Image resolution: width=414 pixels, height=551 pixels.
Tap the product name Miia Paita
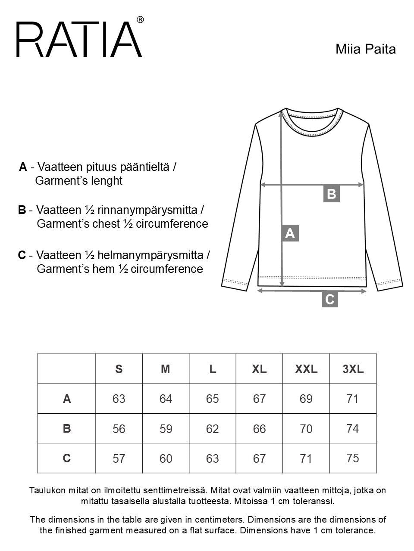point(365,49)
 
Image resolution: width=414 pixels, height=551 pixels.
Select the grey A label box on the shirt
point(290,233)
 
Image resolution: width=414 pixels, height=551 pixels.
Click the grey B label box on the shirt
point(331,194)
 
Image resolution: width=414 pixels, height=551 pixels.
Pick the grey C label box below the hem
point(330,299)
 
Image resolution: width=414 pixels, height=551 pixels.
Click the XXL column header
point(306,369)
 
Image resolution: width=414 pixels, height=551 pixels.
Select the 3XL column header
point(353,369)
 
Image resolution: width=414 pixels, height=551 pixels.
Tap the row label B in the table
point(67,429)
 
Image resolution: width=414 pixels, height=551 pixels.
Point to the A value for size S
point(119,399)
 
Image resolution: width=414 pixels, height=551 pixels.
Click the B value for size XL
point(259,429)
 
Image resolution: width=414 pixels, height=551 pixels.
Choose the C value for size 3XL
point(353,458)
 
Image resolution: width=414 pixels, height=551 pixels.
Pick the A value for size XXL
point(306,399)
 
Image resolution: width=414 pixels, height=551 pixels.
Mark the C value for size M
point(166,458)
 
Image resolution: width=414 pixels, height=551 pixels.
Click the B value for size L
point(213,429)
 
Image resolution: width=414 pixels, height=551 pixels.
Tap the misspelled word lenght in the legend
point(108,181)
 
